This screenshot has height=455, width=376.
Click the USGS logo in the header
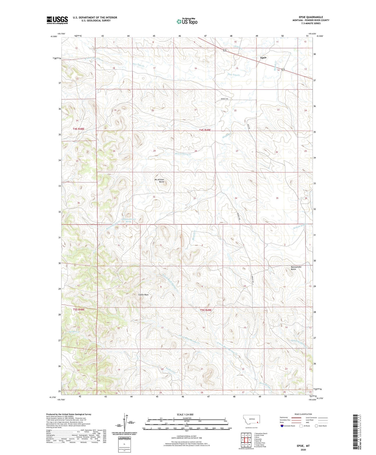coord(57,20)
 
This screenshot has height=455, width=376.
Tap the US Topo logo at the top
coord(187,21)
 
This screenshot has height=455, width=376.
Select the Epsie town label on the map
coord(263,57)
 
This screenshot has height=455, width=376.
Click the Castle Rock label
coord(143,295)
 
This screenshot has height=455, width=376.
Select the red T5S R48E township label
coord(79,310)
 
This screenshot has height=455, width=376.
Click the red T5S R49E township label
coord(206,310)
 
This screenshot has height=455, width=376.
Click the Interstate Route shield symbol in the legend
coord(282,426)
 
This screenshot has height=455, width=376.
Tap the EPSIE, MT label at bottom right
coord(302,446)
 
